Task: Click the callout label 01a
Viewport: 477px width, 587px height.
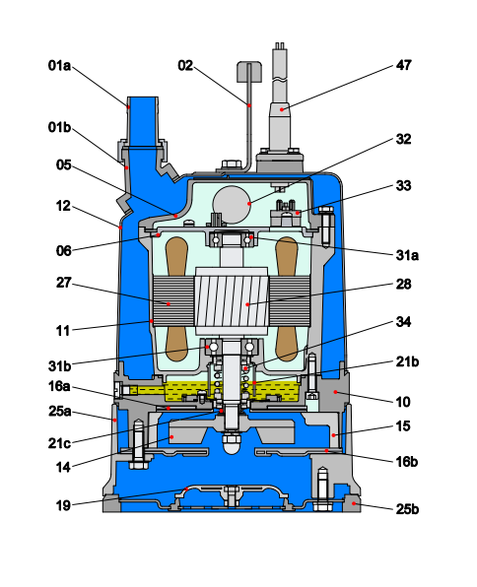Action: click(x=59, y=66)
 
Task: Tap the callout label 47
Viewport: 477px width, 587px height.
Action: click(x=403, y=65)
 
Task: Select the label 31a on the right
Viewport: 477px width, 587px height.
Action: click(x=407, y=255)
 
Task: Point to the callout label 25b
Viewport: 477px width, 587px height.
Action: click(x=407, y=509)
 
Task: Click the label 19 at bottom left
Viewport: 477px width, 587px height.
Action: click(x=63, y=506)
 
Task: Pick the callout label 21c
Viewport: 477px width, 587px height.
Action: click(x=59, y=443)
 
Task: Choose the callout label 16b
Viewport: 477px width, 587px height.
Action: click(x=407, y=462)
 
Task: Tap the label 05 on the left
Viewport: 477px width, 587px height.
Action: click(x=63, y=165)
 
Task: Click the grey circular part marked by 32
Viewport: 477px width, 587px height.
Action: click(x=232, y=205)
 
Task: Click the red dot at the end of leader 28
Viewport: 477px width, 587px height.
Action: click(x=247, y=304)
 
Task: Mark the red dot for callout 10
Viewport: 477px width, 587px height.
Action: click(x=336, y=392)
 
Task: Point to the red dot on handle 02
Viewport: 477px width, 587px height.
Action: click(x=249, y=105)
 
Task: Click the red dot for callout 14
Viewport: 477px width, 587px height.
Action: click(x=171, y=437)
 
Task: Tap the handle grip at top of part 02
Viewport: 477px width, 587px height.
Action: click(x=248, y=72)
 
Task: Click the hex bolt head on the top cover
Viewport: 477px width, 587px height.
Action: click(x=232, y=163)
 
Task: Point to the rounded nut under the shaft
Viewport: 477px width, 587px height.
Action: click(x=232, y=443)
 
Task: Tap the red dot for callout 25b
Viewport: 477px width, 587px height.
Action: click(x=354, y=503)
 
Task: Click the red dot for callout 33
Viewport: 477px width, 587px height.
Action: click(x=298, y=213)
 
